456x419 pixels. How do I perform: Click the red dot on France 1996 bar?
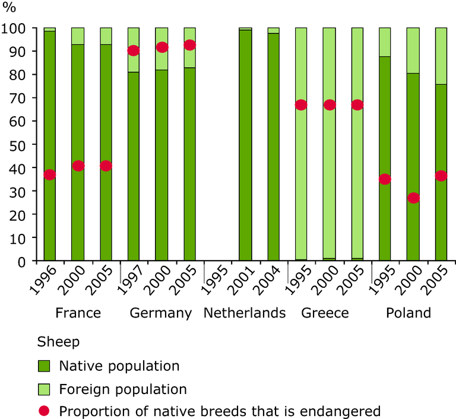pyautogui.click(x=50, y=174)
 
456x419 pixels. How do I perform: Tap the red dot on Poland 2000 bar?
pyautogui.click(x=413, y=198)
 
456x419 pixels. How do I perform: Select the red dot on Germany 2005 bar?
pyautogui.click(x=189, y=45)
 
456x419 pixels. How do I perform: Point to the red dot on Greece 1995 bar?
pyautogui.click(x=301, y=105)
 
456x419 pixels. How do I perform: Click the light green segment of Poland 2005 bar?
pyautogui.click(x=441, y=56)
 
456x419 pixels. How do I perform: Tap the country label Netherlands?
pyautogui.click(x=245, y=313)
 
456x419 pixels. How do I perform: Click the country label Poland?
pyautogui.click(x=408, y=313)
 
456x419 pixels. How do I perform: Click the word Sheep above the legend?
pyautogui.click(x=58, y=342)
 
